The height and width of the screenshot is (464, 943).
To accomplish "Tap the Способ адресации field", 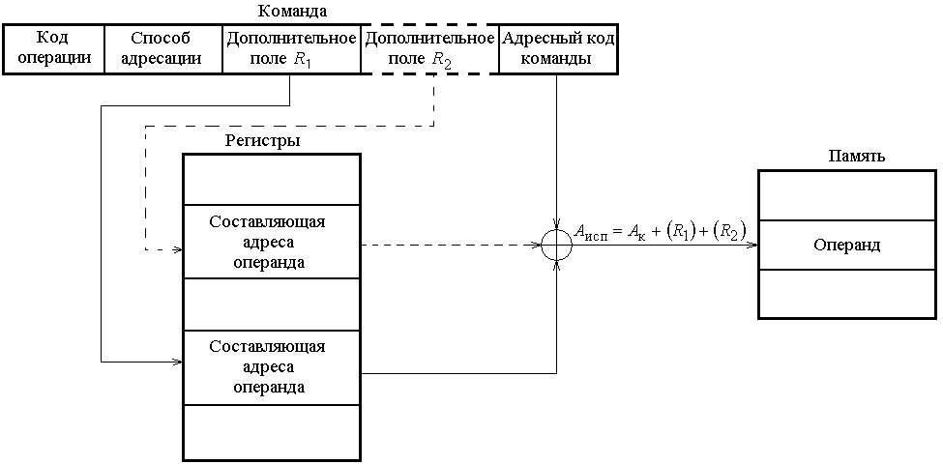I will pos(162,48).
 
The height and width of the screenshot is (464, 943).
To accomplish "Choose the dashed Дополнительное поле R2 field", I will pos(428,48).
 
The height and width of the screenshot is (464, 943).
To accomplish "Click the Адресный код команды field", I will pos(558,48).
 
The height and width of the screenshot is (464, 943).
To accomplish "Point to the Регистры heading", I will pos(262,140).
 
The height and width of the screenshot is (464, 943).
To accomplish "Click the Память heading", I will pos(858,156).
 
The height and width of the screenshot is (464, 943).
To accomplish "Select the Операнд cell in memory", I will pos(846,246).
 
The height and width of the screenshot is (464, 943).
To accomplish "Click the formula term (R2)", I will pos(726,231).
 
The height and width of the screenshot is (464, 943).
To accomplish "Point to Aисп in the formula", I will pos(590,232).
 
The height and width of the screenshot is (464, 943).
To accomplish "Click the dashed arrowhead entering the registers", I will pos(178,249).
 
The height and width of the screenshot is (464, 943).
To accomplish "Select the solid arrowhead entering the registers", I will pos(178,362).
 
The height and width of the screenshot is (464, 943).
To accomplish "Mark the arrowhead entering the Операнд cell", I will pos(751,246).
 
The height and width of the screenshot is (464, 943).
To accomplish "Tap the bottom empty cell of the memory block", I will pos(846,294).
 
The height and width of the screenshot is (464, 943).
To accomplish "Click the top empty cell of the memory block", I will pos(846,197).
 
